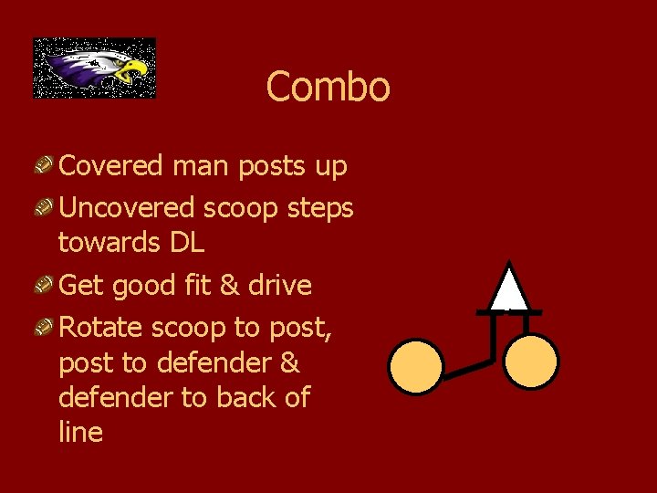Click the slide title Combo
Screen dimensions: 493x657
(328, 88)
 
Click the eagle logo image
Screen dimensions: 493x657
(94, 68)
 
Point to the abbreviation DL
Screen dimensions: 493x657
(186, 243)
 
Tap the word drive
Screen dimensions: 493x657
(280, 286)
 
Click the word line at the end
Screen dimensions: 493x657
(80, 433)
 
